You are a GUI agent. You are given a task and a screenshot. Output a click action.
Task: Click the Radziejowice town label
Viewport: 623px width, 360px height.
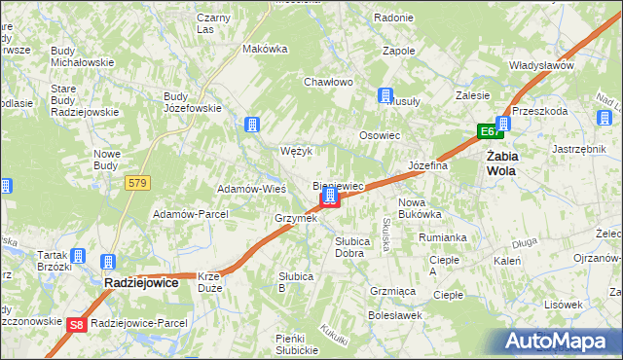coord(141,282)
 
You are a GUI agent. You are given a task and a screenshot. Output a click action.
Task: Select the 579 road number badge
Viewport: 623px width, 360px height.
coord(136,182)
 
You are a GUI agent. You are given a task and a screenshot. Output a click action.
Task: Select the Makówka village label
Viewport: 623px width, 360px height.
coord(265,48)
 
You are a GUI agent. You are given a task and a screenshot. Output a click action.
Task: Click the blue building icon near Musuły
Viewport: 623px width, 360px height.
coord(385,95)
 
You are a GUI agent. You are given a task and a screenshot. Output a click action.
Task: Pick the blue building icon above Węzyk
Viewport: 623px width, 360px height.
coord(251,125)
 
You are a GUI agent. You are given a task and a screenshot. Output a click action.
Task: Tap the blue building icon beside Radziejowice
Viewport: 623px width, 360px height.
coord(107,262)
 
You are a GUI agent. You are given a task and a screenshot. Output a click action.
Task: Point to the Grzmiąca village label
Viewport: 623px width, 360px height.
coord(393,291)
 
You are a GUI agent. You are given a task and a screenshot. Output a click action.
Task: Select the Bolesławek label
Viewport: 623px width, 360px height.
coord(394,314)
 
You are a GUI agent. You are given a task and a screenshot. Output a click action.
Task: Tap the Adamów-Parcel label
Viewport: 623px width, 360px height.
coord(190,213)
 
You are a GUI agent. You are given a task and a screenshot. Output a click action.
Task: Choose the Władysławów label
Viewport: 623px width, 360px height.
coord(541,65)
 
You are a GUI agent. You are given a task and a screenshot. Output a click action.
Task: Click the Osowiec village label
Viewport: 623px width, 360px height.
coord(380,136)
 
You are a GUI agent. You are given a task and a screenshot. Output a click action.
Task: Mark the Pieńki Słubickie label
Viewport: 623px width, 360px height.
coord(296,343)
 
